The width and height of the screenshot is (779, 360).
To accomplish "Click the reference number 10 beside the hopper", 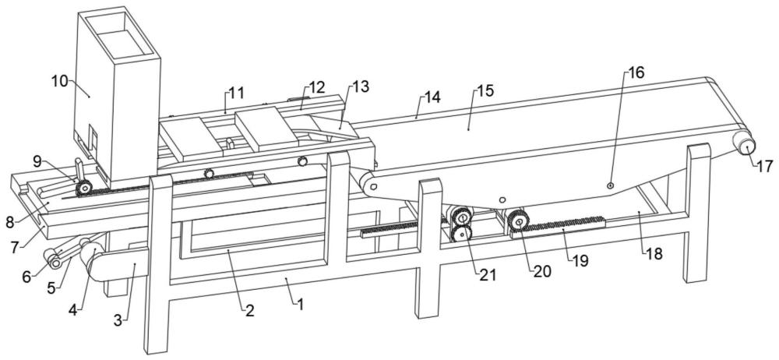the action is point(60,81).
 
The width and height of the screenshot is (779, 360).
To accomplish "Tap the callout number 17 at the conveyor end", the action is point(765,166).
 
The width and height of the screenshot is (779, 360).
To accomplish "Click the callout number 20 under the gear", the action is point(542,271).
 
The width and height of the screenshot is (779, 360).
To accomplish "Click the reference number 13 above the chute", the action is point(361,86).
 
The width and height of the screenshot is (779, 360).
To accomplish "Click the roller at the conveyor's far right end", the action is point(745,146).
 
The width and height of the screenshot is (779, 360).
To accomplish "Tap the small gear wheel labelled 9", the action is point(83,189).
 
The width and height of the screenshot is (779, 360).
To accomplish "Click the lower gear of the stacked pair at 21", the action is point(462,234).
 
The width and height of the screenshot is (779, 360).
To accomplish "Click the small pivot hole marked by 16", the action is point(611,185).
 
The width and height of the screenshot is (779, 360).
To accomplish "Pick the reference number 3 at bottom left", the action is point(118,320).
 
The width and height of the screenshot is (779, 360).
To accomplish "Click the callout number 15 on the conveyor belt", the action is point(485,90).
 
